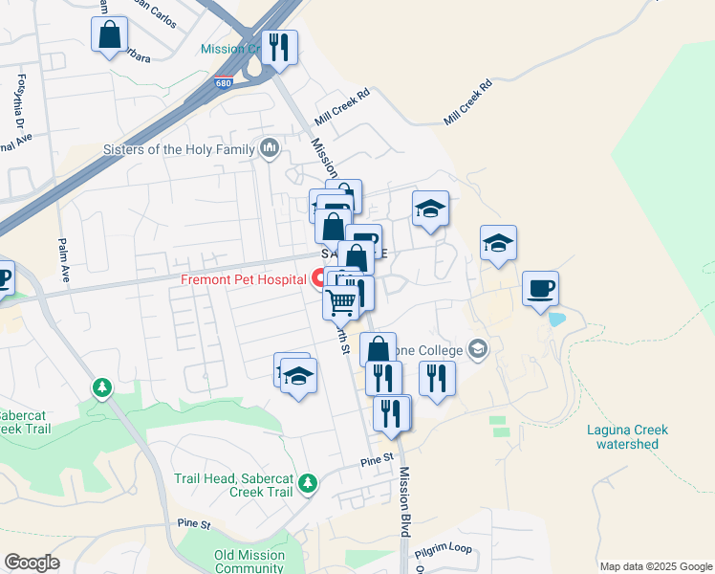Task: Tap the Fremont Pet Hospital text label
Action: pyautogui.click(x=246, y=279)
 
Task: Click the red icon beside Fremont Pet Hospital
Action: pyautogui.click(x=318, y=278)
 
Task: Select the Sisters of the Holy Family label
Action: pyautogui.click(x=179, y=149)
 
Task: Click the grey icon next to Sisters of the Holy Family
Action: pyautogui.click(x=269, y=148)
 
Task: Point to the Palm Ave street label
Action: pyautogui.click(x=64, y=259)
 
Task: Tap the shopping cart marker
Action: pyautogui.click(x=341, y=302)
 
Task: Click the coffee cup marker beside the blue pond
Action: pyautogui.click(x=541, y=288)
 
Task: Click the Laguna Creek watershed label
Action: pyautogui.click(x=627, y=437)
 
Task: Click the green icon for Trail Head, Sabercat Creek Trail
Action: pyautogui.click(x=307, y=485)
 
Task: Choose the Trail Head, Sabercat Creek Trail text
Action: pyautogui.click(x=233, y=485)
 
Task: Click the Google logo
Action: pyautogui.click(x=32, y=563)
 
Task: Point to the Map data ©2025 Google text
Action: pyautogui.click(x=656, y=566)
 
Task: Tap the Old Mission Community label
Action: pyautogui.click(x=250, y=562)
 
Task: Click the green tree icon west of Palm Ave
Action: pyautogui.click(x=102, y=387)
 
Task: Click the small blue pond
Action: pyautogui.click(x=556, y=320)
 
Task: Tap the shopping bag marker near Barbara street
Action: pyautogui.click(x=110, y=35)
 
